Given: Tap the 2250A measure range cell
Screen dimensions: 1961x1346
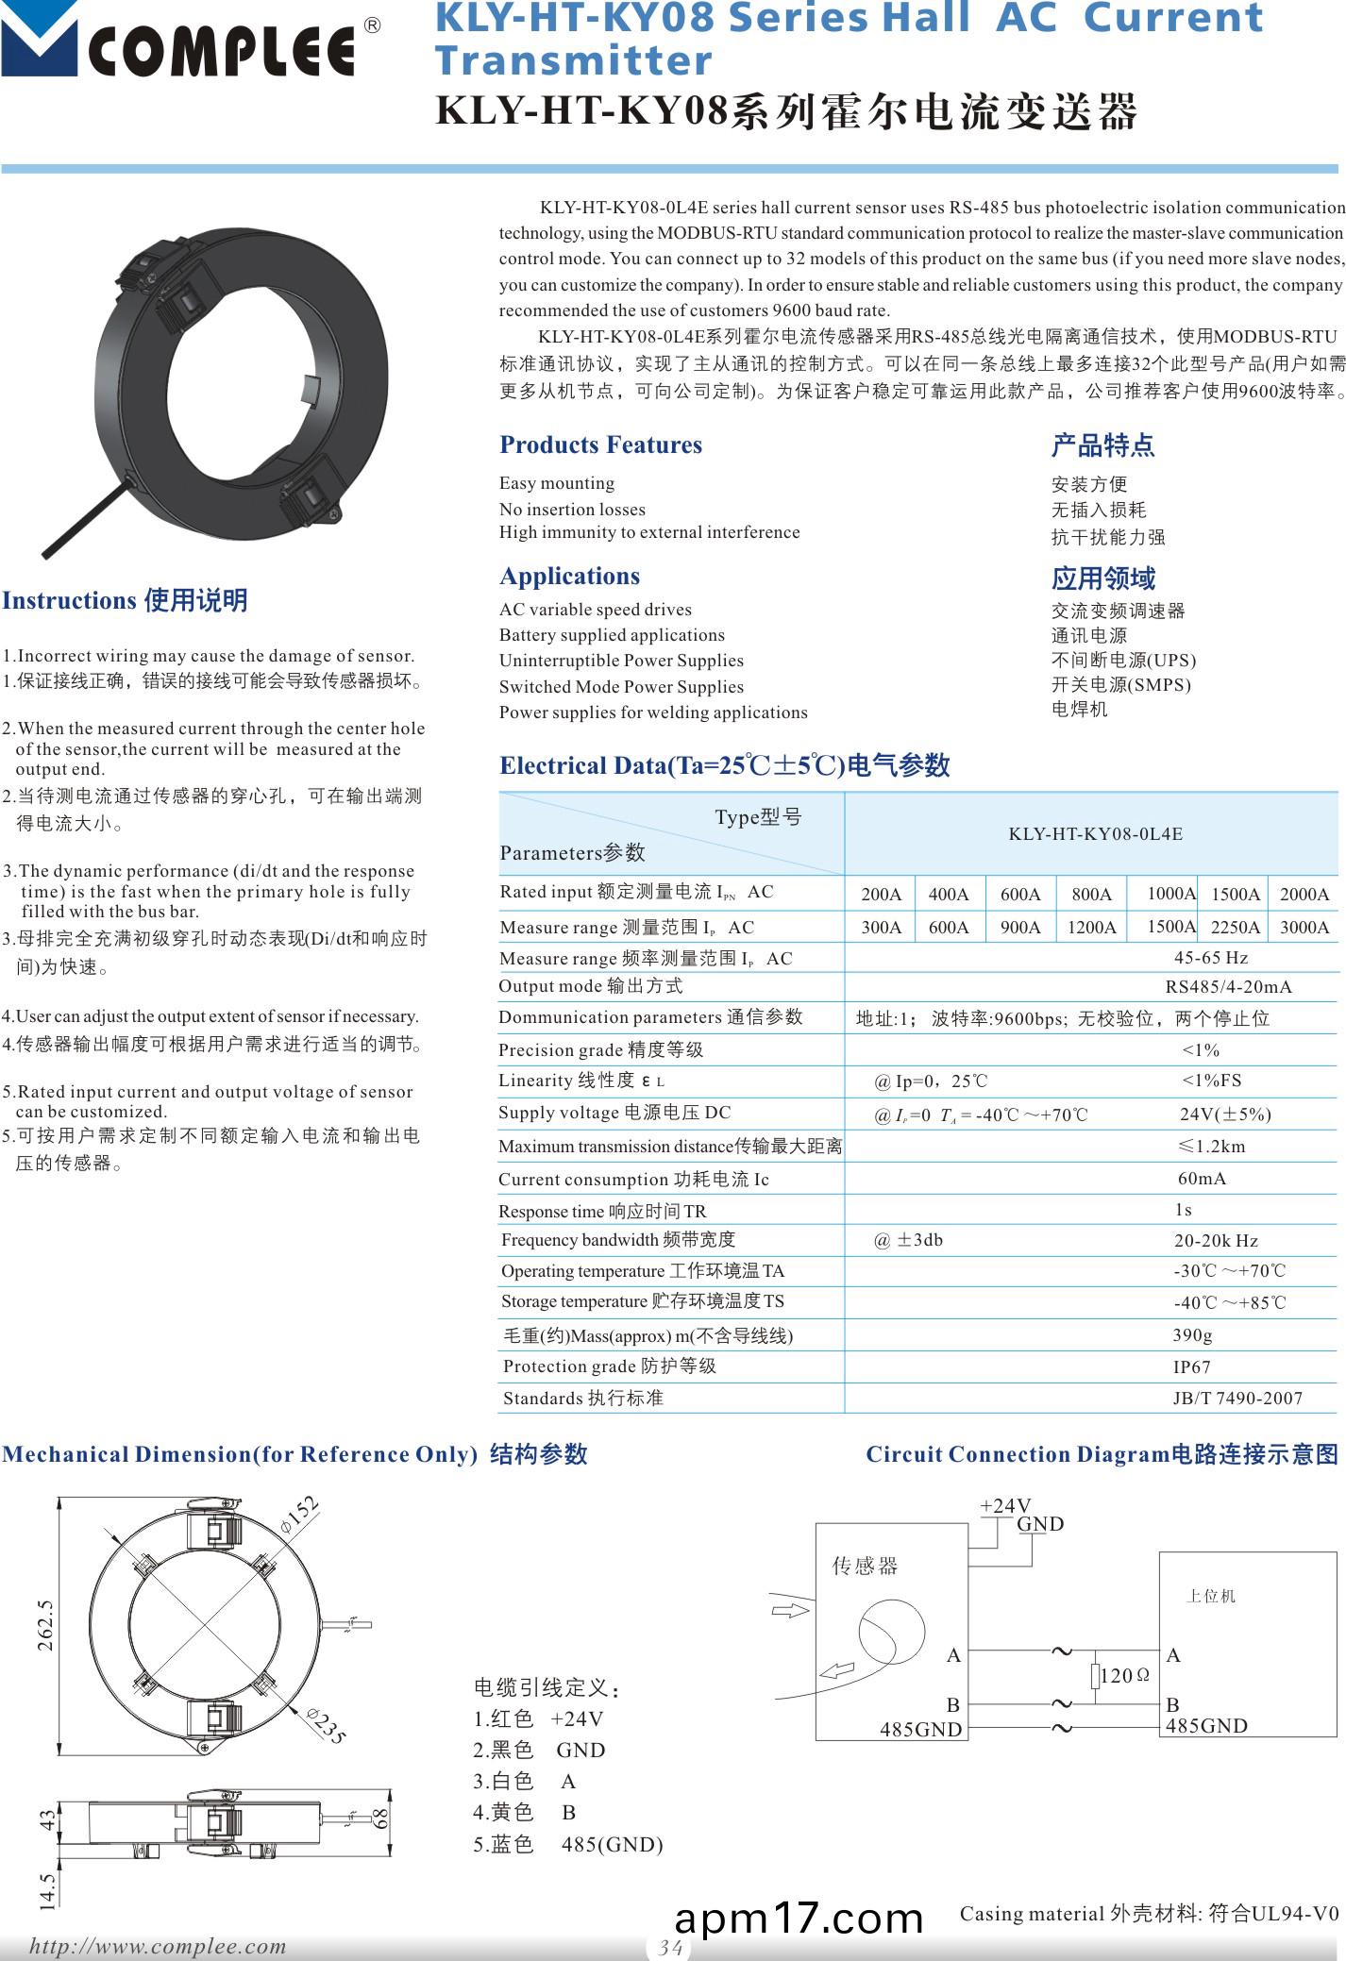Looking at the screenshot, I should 1236,928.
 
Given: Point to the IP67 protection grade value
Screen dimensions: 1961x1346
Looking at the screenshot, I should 1191,1366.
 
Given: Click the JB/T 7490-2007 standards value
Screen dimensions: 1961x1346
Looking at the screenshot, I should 1237,1399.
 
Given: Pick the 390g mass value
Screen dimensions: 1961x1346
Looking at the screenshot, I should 1192,1335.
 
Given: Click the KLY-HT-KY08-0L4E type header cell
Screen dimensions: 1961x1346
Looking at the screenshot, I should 1095,834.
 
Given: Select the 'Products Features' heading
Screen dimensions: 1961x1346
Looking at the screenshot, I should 600,444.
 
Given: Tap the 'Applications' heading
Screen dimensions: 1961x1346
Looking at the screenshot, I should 569,576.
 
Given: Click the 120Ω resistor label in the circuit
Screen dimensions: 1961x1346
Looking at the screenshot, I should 1123,1676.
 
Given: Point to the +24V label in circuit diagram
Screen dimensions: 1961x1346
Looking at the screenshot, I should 1005,1506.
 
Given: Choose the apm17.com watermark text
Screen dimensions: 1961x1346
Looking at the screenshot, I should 799,1918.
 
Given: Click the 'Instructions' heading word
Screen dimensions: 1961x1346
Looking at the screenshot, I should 70,600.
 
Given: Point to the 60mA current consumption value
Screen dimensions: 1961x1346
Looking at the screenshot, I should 1201,1179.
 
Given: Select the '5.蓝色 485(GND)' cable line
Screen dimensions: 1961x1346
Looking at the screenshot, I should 567,1845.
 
